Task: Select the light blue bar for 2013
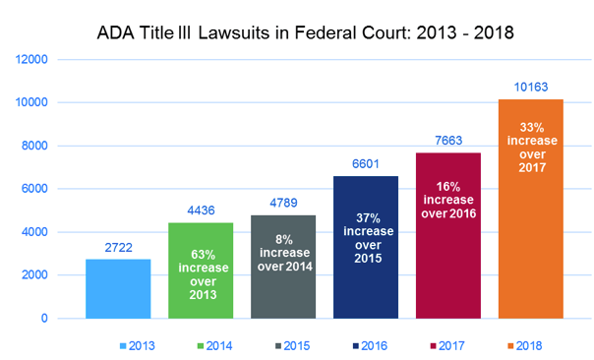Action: (x=118, y=289)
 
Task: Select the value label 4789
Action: (x=283, y=203)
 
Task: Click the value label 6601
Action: (x=366, y=163)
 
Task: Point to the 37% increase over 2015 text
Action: (x=366, y=235)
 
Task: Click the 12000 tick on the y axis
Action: (x=33, y=59)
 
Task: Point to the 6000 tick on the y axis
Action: (x=37, y=189)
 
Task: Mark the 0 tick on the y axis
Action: (x=46, y=319)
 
